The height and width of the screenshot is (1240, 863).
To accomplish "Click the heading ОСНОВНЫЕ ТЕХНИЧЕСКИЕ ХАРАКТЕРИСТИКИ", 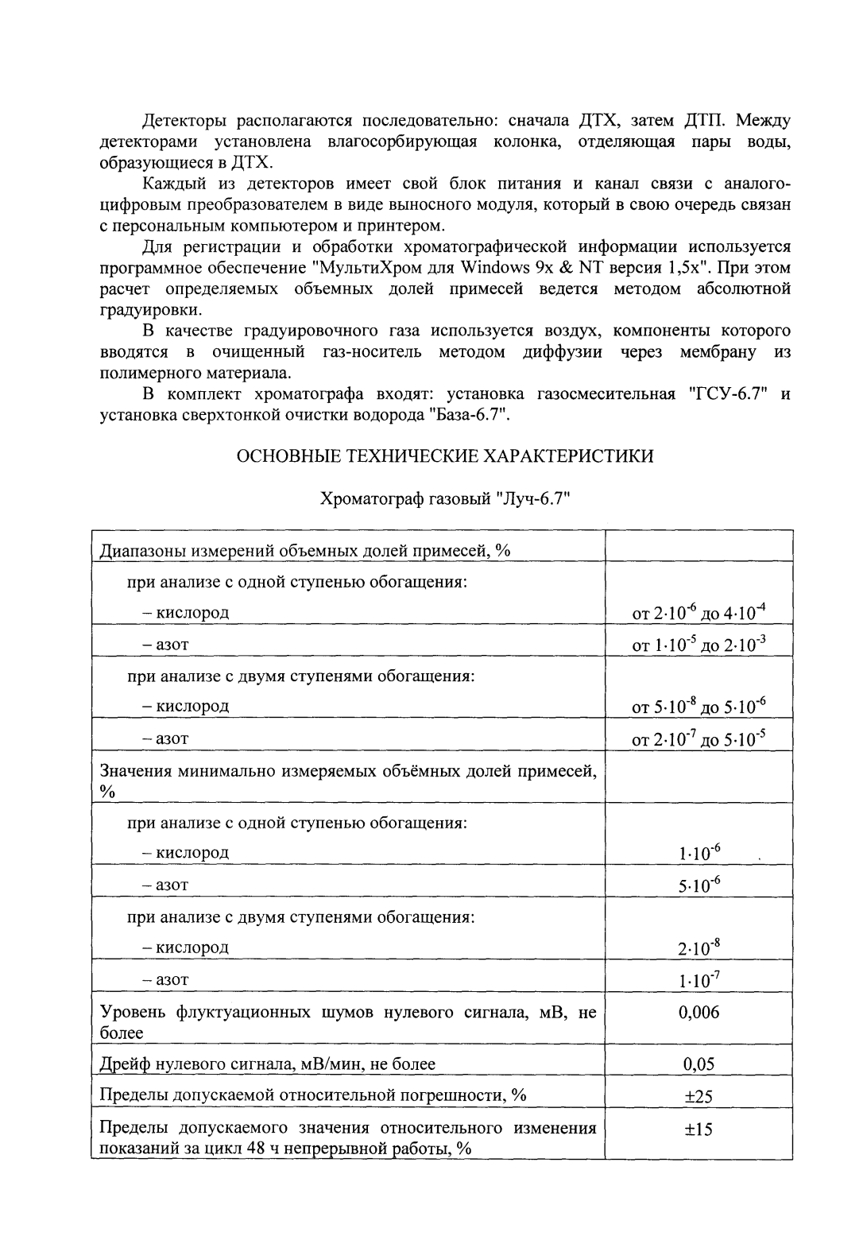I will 445,456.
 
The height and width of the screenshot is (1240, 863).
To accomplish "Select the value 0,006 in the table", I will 699,1012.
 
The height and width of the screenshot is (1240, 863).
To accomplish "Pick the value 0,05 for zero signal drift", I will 699,1064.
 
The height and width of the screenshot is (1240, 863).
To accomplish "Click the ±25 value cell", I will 699,1096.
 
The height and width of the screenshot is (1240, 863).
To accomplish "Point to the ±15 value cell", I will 699,1130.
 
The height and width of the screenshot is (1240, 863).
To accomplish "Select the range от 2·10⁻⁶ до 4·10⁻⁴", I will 699,612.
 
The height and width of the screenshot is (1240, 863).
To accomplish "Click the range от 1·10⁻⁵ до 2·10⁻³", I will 699,644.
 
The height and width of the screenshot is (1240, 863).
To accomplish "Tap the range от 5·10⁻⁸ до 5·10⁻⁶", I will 699,706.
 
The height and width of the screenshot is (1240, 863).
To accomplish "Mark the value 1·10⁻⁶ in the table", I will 699,853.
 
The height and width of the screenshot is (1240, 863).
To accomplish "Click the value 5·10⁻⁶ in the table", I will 699,885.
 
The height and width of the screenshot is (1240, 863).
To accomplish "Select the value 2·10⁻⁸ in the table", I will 699,947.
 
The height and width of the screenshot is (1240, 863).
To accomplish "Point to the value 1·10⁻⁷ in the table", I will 699,979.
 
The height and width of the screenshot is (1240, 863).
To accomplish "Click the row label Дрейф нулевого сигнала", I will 267,1064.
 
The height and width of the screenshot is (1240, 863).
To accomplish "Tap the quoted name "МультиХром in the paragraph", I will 366,267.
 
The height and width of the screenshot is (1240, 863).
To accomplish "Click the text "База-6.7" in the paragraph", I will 469,414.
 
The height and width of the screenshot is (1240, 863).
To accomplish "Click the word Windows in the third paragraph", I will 490,267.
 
